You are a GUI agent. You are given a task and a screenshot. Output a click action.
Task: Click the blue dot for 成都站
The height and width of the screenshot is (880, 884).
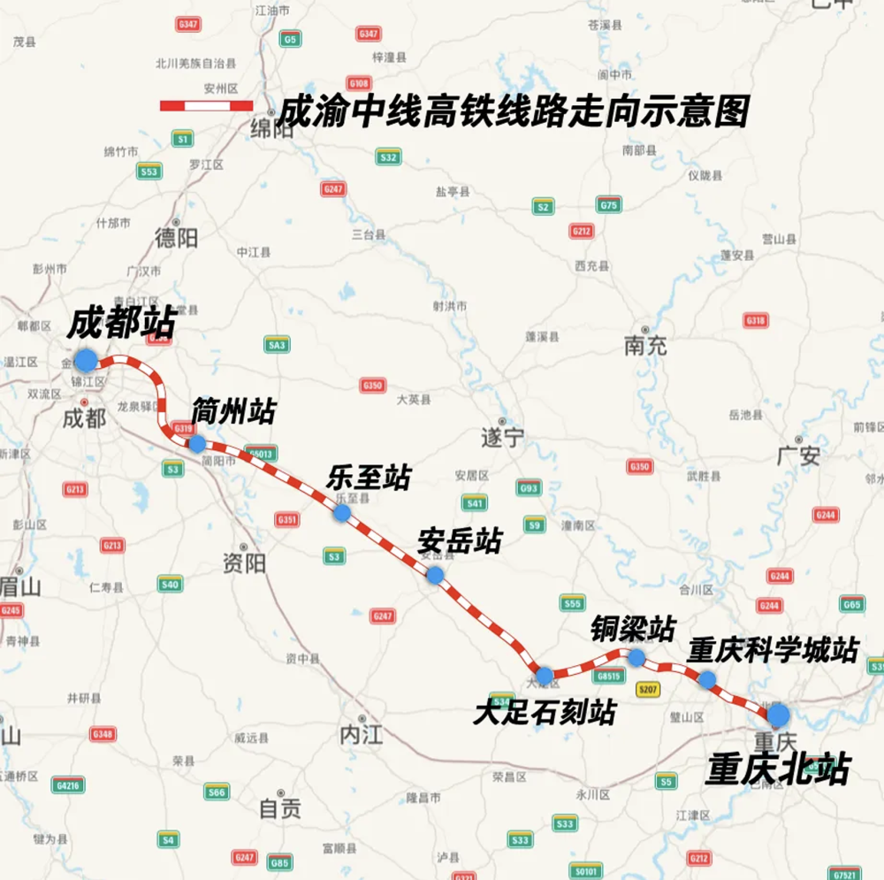[x=86, y=360]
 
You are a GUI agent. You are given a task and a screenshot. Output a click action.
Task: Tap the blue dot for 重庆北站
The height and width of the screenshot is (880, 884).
[x=778, y=714]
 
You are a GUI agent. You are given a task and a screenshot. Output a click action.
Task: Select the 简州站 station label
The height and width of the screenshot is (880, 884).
[x=233, y=412]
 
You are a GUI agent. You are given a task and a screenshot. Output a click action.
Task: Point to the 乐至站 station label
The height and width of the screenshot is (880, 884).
[x=369, y=478]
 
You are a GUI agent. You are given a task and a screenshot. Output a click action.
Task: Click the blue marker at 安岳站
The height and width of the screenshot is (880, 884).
[x=435, y=575]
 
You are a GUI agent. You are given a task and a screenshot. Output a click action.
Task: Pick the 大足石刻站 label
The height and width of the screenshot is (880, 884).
[x=544, y=713]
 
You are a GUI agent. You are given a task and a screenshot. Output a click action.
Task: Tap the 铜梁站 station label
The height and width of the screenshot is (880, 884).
[x=632, y=629]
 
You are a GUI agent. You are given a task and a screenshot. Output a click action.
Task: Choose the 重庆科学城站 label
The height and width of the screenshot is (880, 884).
[x=773, y=651]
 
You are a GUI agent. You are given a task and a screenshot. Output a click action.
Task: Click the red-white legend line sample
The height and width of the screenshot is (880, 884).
[x=206, y=106]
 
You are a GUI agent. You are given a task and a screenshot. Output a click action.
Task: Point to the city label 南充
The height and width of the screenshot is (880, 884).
[x=645, y=346]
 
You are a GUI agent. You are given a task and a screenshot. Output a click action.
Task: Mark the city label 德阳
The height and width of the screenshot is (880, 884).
[x=176, y=237]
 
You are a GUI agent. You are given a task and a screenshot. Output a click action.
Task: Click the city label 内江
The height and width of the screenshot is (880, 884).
[x=361, y=733]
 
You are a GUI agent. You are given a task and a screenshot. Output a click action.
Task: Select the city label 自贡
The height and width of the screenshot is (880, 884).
[x=279, y=807]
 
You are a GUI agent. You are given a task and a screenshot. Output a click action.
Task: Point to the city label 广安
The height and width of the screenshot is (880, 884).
[x=798, y=456]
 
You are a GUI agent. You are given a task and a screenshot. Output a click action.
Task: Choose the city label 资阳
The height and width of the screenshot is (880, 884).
[x=244, y=563]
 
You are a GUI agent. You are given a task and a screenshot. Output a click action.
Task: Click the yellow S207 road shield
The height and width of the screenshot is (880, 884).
[x=648, y=689]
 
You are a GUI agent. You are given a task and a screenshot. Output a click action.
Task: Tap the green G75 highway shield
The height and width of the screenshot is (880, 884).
[x=608, y=204]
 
